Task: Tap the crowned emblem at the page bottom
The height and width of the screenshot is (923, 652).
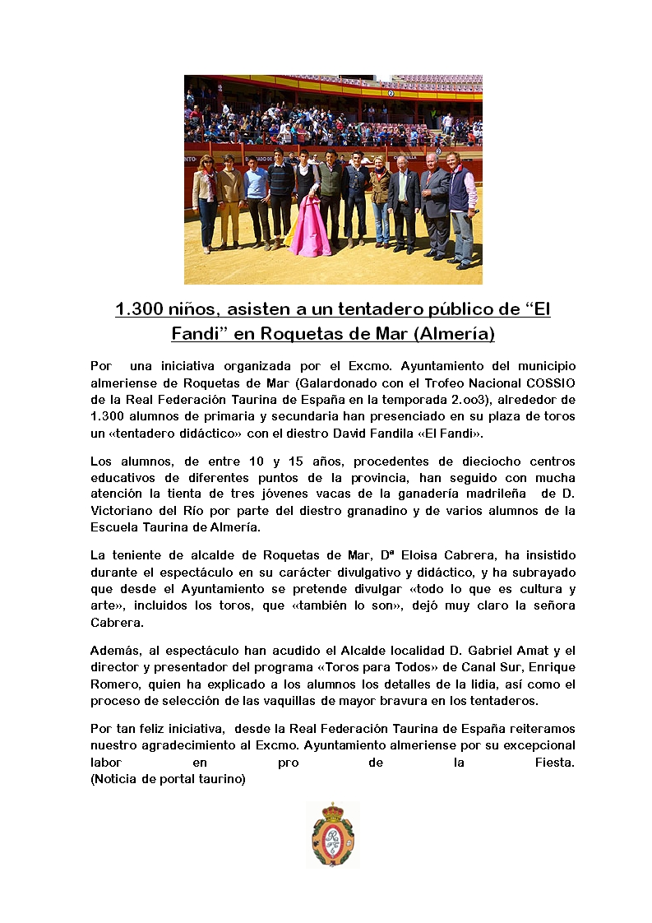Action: point(333,834)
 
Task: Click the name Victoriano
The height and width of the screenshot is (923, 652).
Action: point(120,510)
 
